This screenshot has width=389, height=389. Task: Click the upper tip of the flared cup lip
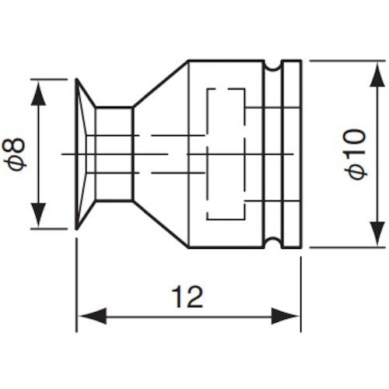tap(79, 79)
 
